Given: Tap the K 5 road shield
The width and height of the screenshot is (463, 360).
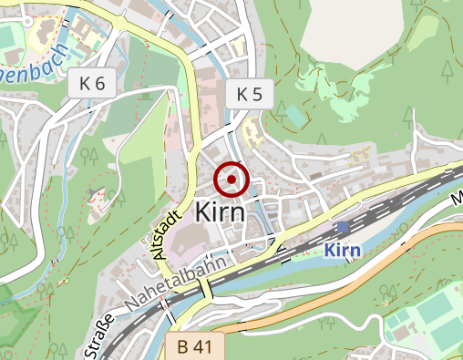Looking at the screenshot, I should (x=249, y=94).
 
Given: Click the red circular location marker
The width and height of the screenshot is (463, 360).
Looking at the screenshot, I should (x=232, y=180).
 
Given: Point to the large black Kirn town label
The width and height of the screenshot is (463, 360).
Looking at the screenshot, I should (x=221, y=212).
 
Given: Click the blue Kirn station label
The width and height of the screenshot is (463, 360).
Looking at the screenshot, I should (x=344, y=250).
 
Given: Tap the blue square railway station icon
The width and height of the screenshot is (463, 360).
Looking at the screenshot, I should (x=343, y=228).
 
